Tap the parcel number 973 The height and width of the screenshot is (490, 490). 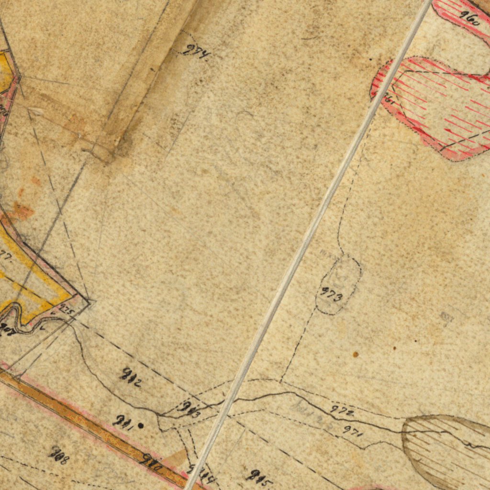point(331,294)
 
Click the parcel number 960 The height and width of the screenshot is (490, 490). point(469,18)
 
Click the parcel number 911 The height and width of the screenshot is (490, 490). point(122,421)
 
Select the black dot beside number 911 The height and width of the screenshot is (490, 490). point(140,425)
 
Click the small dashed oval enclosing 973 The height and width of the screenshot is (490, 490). point(338,285)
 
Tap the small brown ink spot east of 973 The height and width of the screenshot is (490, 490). point(356,355)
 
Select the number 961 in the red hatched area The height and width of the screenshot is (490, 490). point(389,99)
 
